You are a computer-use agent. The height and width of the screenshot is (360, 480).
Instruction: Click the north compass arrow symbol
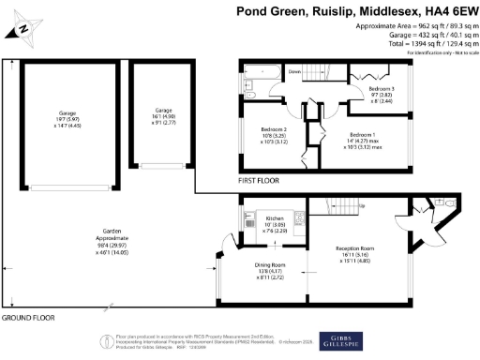(26, 29)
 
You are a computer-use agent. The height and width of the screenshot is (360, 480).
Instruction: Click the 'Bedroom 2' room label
(273, 128)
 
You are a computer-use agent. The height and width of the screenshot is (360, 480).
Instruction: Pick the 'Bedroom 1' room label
(363, 134)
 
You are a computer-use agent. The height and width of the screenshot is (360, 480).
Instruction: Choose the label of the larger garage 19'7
(67, 112)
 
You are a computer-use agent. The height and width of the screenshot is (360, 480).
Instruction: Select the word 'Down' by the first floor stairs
(294, 71)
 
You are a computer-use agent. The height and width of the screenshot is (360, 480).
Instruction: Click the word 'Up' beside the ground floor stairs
(361, 206)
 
